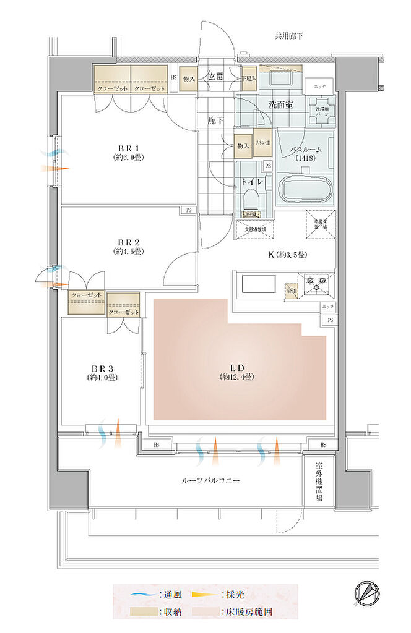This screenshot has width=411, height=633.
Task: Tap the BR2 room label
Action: click(128, 247)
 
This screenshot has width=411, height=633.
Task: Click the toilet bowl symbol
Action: click(251, 200)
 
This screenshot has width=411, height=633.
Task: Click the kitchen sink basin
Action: click(259, 285)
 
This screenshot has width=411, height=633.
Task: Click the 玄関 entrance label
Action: click(216, 77)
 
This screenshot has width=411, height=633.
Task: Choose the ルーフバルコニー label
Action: click(210, 480)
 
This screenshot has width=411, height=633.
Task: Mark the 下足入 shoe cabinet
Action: click(249, 79)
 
